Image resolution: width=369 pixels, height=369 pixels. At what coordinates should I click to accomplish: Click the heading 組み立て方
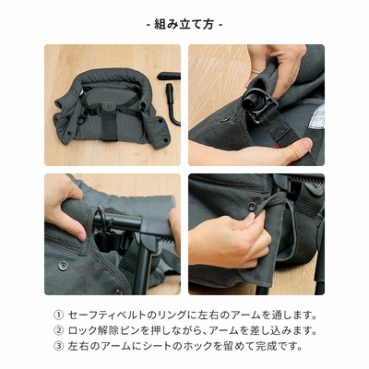point(184,24)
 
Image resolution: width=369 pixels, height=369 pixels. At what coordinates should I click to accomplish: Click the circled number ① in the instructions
point(58,315)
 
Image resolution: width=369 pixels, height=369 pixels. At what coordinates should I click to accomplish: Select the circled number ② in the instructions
point(58,331)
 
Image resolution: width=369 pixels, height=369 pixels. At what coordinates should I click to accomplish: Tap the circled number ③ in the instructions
point(58,346)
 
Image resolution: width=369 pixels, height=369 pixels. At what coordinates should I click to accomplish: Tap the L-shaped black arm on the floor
point(173,104)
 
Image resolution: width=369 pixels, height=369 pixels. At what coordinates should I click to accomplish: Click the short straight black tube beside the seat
point(169,76)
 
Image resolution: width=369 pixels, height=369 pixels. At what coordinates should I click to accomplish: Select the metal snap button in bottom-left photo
point(64,265)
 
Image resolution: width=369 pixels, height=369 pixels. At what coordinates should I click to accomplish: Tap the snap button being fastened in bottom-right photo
point(253,206)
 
